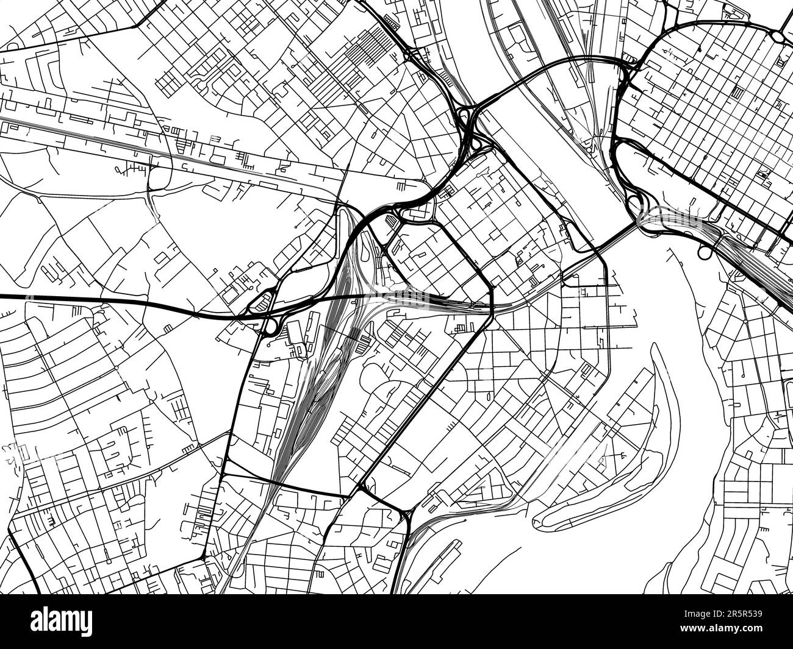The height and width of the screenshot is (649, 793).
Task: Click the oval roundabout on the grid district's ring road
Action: [780, 37]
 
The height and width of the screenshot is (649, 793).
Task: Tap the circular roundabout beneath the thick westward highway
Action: [269, 328]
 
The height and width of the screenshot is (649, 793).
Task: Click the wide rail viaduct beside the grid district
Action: [750, 262]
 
